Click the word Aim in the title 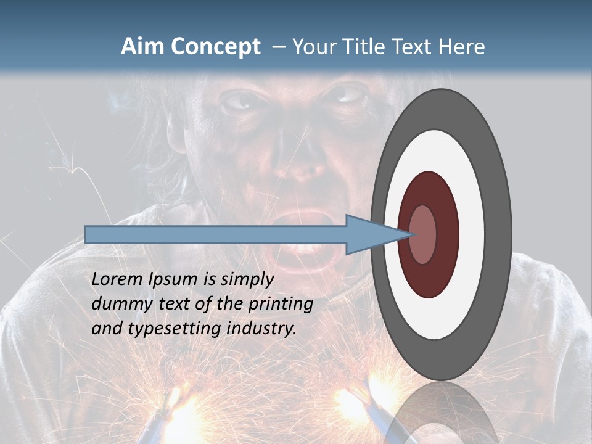tap(140, 46)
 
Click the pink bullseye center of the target tap(423, 234)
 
